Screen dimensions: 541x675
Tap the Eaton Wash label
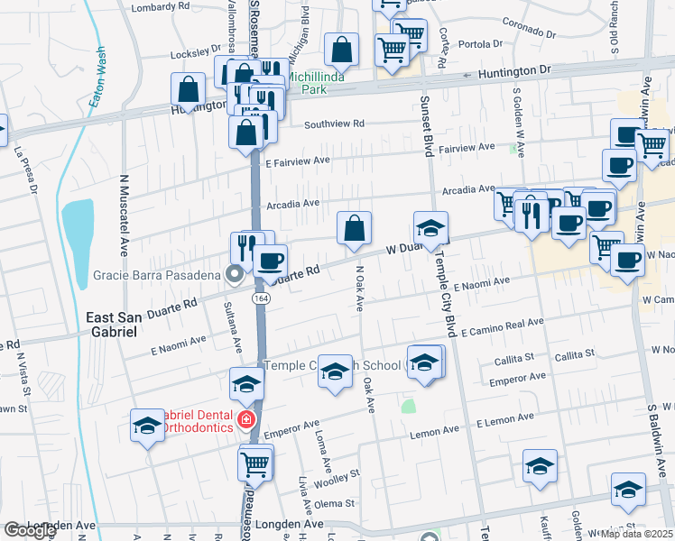pyautogui.click(x=97, y=78)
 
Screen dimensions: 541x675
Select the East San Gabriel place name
pyautogui.click(x=112, y=325)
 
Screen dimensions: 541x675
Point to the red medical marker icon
pyautogui.click(x=245, y=419)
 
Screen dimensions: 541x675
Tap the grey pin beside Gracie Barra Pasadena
pyautogui.click(x=236, y=275)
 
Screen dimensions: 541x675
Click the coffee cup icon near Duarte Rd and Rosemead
pyautogui.click(x=269, y=261)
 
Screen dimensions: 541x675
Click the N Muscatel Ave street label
pyautogui.click(x=123, y=219)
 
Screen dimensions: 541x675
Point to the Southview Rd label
pyautogui.click(x=334, y=124)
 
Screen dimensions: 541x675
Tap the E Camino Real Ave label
pyautogui.click(x=502, y=327)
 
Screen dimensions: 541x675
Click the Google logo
pyautogui.click(x=29, y=530)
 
